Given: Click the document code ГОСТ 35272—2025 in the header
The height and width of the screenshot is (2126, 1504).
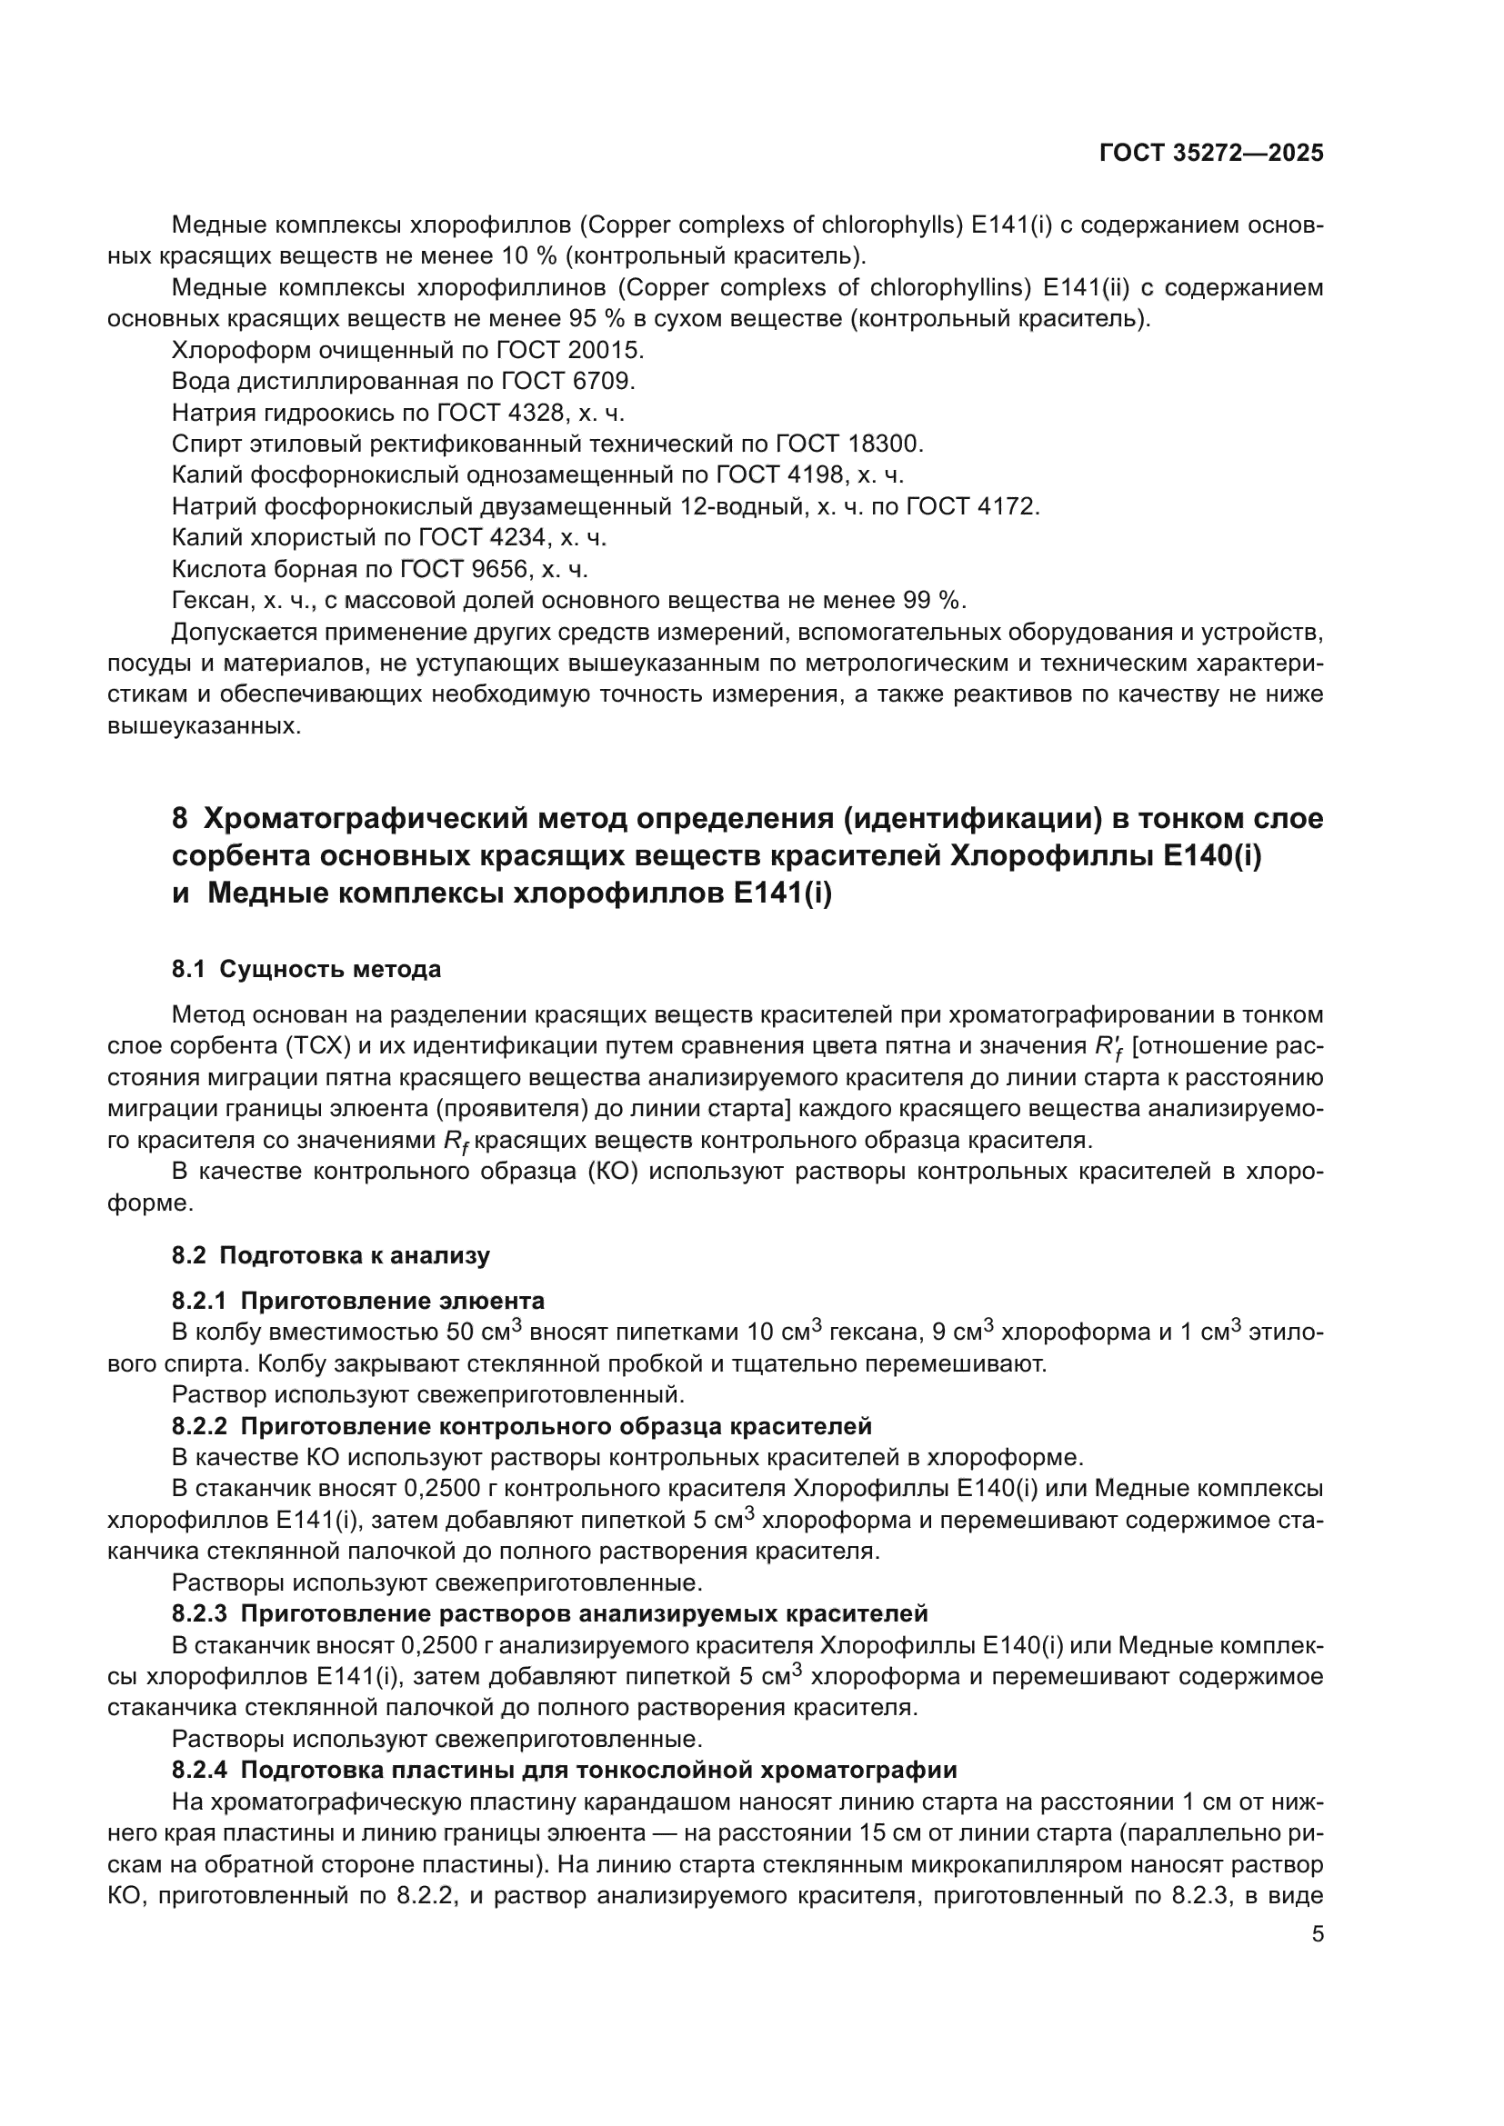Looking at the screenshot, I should tap(1210, 154).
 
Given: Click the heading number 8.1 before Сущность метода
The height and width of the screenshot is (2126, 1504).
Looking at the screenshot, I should tap(188, 970).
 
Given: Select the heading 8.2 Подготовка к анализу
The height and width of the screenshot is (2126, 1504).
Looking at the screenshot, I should tap(331, 1255).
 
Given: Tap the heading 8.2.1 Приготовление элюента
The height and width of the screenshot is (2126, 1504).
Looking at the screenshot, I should tap(357, 1301).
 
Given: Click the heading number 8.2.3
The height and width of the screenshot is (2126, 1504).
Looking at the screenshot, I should tap(199, 1614).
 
